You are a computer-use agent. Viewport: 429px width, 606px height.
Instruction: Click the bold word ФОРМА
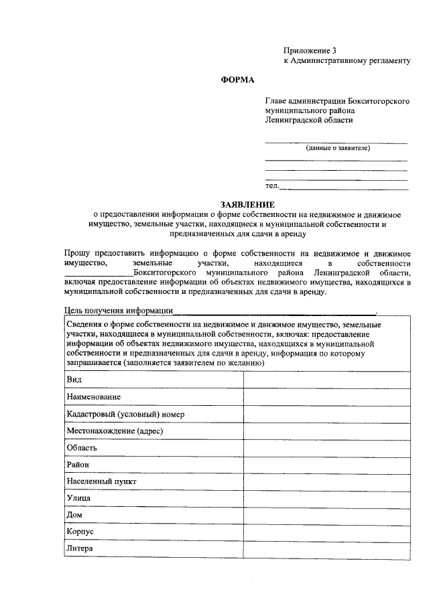238,80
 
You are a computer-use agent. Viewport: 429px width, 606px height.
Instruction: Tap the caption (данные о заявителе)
338,148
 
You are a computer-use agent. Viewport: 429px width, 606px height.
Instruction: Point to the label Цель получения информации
118,311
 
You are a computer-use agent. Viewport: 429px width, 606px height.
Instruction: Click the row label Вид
74,380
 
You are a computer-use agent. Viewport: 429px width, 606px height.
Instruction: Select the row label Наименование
94,397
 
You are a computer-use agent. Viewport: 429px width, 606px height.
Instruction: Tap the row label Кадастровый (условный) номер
125,414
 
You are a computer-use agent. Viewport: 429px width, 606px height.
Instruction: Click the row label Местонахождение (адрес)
115,431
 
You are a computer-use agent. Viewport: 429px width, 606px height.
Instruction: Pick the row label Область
82,448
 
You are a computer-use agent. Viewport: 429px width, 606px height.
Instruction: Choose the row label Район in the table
78,465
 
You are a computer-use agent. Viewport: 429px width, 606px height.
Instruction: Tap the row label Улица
79,498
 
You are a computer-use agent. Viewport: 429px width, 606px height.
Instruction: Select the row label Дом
74,515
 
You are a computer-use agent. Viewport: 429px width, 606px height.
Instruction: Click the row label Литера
80,548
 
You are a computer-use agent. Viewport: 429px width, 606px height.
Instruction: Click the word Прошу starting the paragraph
78,254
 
